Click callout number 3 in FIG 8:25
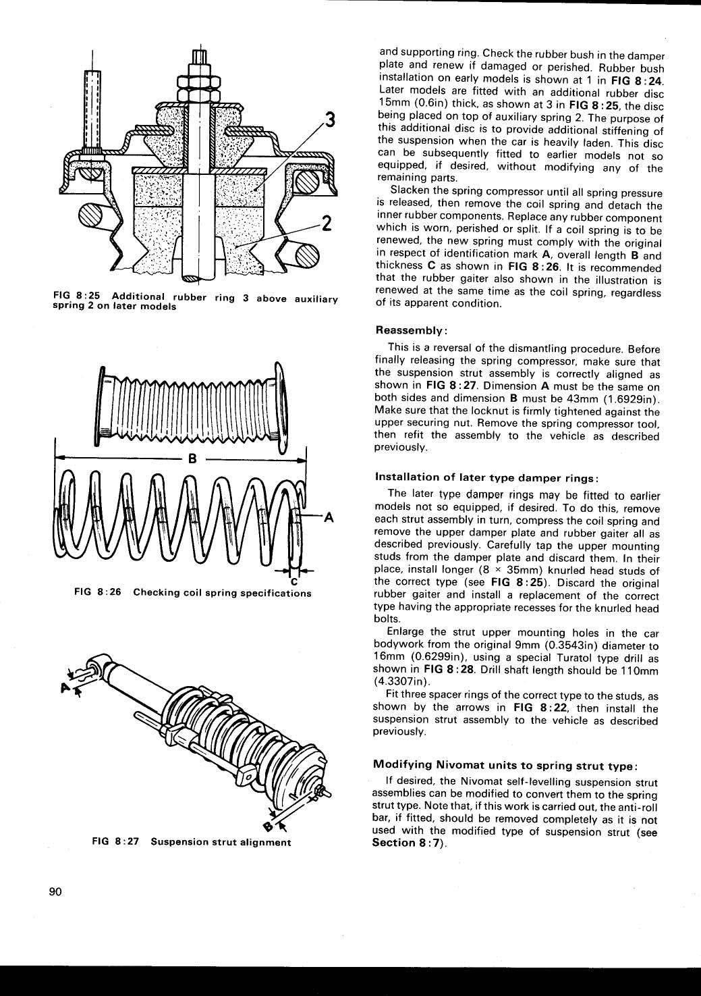329,121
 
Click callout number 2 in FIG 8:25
326,222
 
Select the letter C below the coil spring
294,581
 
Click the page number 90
55,892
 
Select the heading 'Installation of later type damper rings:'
487,477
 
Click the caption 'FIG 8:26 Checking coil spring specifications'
193,593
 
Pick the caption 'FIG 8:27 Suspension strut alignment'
192,842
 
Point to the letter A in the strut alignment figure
65,687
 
